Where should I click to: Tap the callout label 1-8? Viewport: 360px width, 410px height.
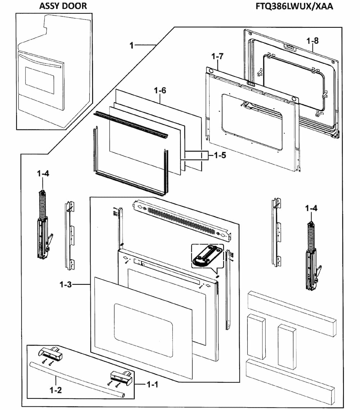click(x=312, y=40)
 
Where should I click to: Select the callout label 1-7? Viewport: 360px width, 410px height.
click(x=217, y=57)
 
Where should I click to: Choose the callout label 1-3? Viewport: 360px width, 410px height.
click(x=66, y=285)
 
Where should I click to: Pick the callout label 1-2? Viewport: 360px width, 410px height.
click(x=55, y=390)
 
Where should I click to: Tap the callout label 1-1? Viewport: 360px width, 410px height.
click(x=152, y=385)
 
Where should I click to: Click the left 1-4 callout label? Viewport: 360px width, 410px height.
click(x=43, y=174)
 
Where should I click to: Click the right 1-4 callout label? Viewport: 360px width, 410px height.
click(x=311, y=208)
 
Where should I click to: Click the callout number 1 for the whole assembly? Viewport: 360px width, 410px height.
click(x=132, y=45)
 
